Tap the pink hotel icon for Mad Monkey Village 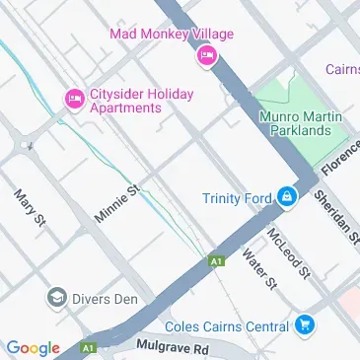[207, 55]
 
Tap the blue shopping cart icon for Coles [305, 325]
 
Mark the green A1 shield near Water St [215, 261]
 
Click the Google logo [33, 347]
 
